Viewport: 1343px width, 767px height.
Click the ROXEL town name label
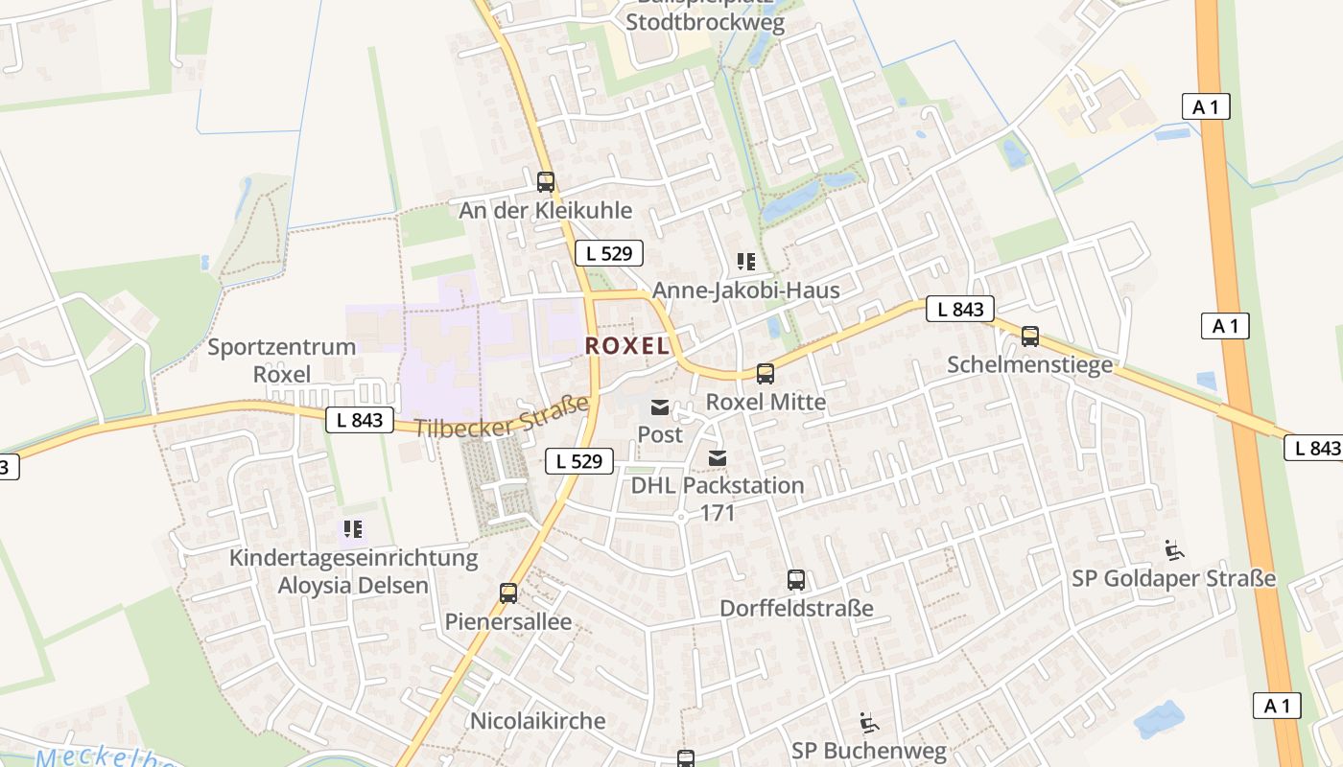click(x=627, y=346)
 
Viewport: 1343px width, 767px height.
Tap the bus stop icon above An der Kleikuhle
click(x=545, y=181)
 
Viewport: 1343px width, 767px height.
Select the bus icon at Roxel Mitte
click(x=765, y=374)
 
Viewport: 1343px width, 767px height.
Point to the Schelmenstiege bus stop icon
click(x=1029, y=337)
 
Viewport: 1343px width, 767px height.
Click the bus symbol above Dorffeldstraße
click(x=795, y=580)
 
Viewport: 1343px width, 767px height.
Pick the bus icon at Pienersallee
click(x=507, y=593)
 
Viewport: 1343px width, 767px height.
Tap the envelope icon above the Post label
click(x=660, y=407)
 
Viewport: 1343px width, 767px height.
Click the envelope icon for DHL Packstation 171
click(x=717, y=459)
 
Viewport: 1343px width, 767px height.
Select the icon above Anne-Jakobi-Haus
click(x=745, y=262)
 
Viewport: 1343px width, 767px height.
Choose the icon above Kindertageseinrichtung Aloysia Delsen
click(x=352, y=528)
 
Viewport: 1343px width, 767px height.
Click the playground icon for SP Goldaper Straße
click(x=1173, y=550)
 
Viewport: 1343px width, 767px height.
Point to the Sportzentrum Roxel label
click(x=281, y=360)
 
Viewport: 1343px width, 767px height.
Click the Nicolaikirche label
click(x=537, y=721)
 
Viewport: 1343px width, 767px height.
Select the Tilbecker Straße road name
click(x=501, y=417)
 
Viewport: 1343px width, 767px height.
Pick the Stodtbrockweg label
click(x=705, y=22)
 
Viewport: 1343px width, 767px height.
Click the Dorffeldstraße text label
click(x=796, y=608)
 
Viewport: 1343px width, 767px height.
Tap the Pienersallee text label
click(x=507, y=622)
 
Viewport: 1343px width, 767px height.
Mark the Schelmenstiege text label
click(x=1029, y=364)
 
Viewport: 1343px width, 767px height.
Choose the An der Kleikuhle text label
click(x=545, y=210)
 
